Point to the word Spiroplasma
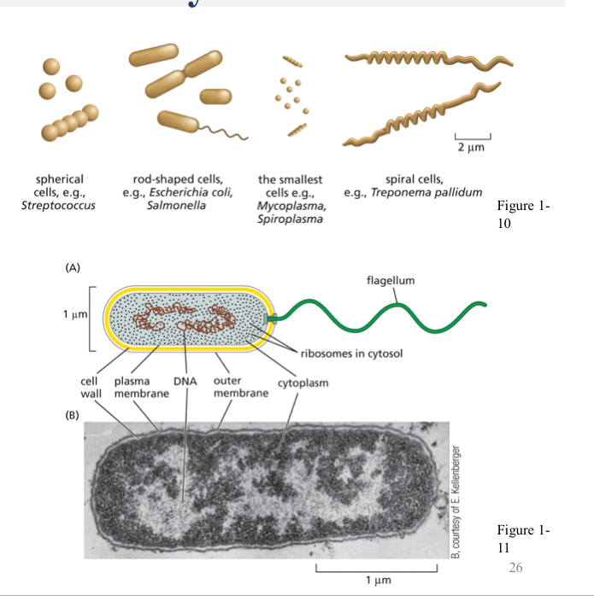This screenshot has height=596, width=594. pyautogui.click(x=290, y=220)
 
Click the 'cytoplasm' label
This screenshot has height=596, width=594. pyautogui.click(x=303, y=383)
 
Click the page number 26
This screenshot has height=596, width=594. pyautogui.click(x=515, y=567)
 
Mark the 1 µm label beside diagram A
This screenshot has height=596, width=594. pyautogui.click(x=73, y=317)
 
